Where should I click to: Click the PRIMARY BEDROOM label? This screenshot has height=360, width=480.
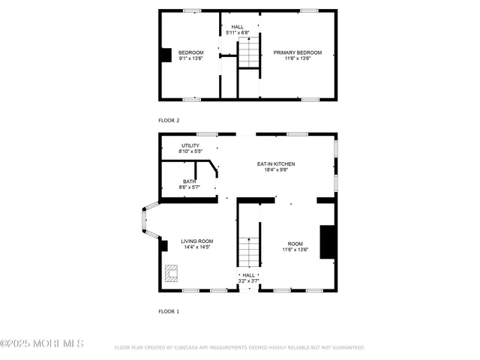point(297,52)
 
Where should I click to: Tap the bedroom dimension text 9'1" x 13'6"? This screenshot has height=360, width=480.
point(190,58)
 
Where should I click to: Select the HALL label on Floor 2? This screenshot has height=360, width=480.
point(237,27)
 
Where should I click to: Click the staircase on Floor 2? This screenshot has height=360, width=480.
point(248,53)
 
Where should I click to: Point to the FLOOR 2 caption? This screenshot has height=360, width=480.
point(169,120)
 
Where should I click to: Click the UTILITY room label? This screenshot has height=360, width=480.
point(190,145)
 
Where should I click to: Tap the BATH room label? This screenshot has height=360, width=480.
point(190,181)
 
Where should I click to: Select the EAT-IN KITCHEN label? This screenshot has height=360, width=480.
point(276,163)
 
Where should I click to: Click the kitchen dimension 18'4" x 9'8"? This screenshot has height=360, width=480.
point(276,169)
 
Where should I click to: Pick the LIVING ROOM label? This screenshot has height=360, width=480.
point(197,241)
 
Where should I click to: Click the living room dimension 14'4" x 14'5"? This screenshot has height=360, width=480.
point(197,247)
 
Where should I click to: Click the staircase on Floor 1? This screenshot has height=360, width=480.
point(248,251)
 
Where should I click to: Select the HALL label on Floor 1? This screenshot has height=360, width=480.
point(248,275)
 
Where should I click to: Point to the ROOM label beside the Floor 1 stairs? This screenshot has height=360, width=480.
point(295,244)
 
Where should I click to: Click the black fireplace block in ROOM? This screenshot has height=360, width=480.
point(327,242)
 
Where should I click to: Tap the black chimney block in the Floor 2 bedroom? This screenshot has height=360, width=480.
point(166,55)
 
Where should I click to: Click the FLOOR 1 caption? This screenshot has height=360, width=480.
point(169,310)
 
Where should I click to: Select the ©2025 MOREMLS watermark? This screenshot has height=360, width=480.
point(42,344)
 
